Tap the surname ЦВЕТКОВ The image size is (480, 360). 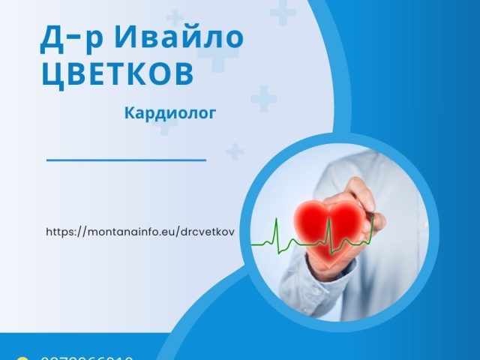(x=117, y=75)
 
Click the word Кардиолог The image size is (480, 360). (x=171, y=113)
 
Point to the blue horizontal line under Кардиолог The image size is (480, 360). (x=126, y=160)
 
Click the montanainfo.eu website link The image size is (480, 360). (x=140, y=232)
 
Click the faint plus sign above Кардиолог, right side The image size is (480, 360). (x=263, y=98)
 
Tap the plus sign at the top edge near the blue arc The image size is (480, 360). (x=282, y=10)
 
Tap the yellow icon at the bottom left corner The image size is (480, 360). (x=22, y=358)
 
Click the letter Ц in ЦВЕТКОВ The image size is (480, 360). (x=52, y=75)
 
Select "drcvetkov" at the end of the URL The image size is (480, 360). (x=207, y=232)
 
